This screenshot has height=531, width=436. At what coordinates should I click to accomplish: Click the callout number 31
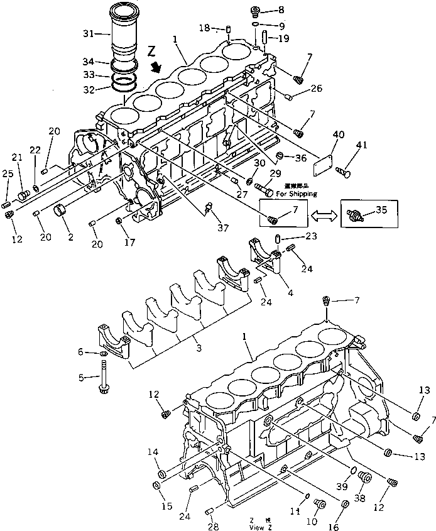pyautogui.click(x=88, y=33)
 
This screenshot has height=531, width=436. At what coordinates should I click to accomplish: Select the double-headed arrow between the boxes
pyautogui.click(x=324, y=215)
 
